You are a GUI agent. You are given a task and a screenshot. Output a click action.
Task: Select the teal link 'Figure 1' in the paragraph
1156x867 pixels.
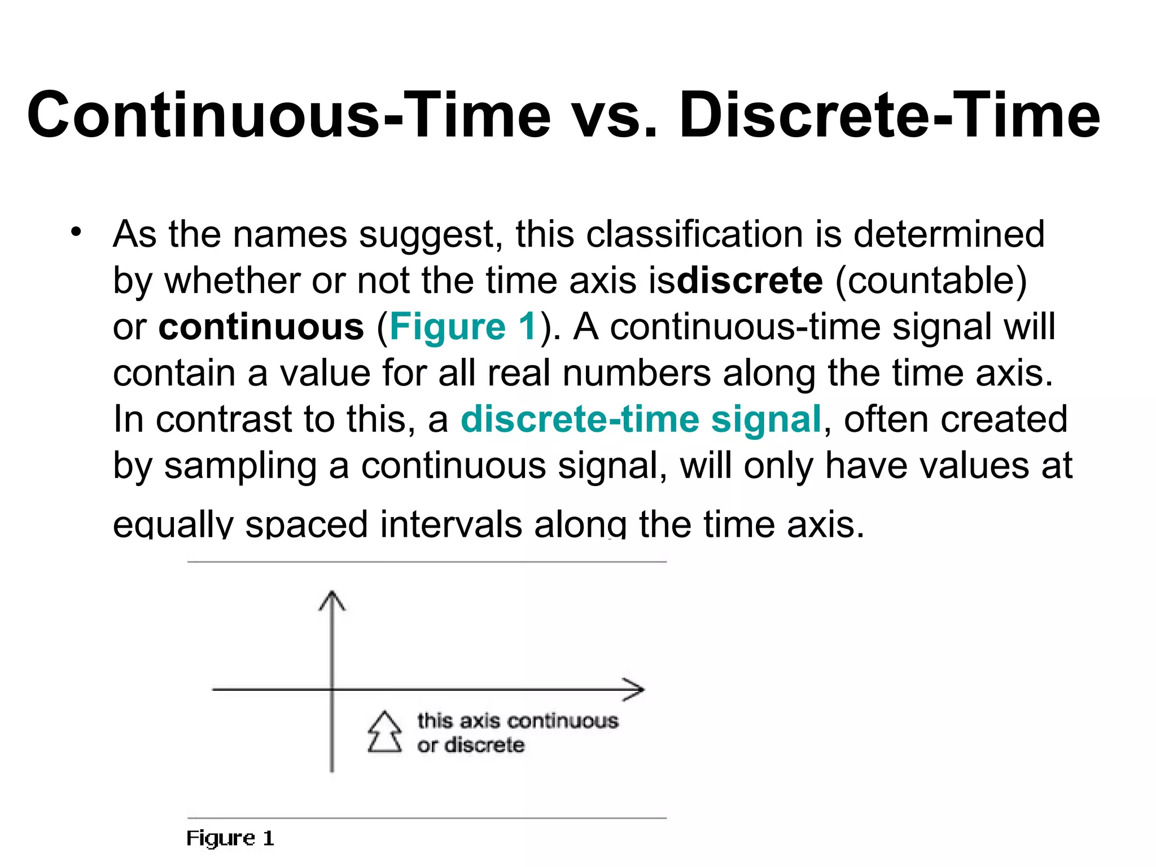(463, 327)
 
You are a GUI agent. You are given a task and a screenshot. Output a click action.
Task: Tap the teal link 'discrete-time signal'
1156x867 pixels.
(641, 419)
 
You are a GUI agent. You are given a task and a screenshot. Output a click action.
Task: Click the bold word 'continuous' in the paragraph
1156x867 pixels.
(261, 327)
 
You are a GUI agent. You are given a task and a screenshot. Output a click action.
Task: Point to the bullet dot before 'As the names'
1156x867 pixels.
(76, 231)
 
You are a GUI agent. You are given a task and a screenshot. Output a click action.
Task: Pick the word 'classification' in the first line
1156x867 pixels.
(694, 234)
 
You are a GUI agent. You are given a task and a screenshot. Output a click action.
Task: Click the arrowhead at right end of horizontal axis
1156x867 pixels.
(635, 689)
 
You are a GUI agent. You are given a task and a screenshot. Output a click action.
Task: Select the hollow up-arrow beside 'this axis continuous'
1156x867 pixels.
(384, 732)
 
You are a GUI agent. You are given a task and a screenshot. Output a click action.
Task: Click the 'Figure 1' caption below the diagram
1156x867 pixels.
(230, 838)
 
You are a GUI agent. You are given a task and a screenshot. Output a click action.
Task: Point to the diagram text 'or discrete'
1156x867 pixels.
(471, 746)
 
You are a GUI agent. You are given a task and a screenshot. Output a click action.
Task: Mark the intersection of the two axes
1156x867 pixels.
(332, 689)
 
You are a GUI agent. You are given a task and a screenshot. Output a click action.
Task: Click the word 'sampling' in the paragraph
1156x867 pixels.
(240, 466)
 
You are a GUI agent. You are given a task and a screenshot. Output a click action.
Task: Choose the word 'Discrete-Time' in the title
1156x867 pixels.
(889, 116)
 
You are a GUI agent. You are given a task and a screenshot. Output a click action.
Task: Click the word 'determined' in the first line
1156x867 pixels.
(948, 234)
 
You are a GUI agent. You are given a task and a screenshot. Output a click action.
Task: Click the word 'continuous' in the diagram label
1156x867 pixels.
(563, 721)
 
